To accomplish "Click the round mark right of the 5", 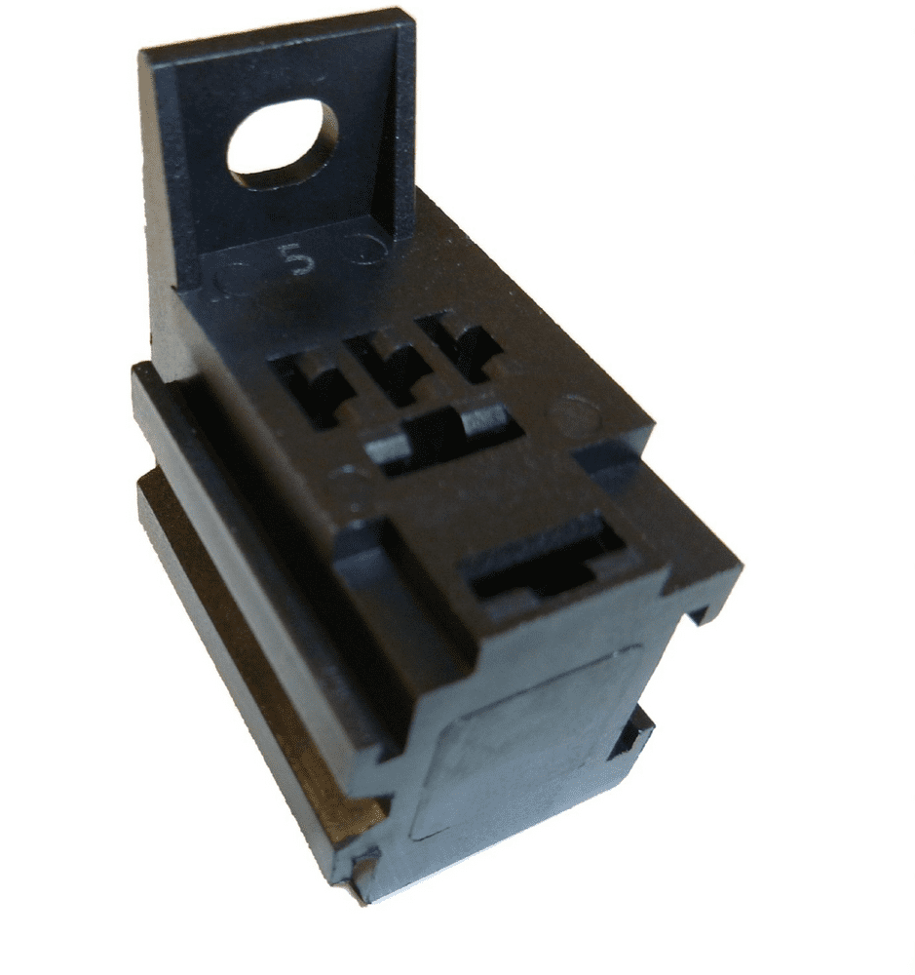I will click(370, 249).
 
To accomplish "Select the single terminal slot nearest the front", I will click(546, 565).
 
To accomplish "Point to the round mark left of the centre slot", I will click(346, 482).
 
